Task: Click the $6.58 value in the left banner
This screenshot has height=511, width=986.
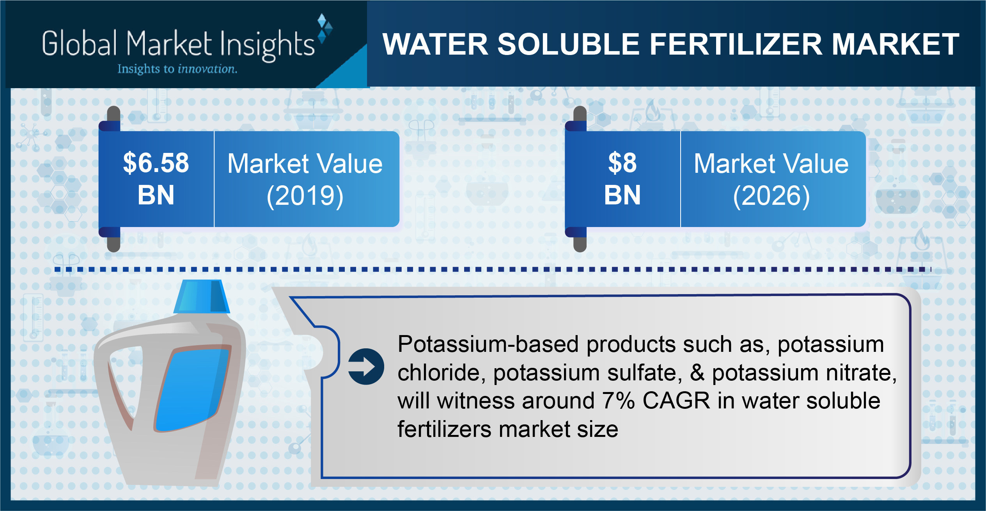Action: pos(156,163)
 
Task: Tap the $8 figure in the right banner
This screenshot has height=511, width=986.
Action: pos(622,163)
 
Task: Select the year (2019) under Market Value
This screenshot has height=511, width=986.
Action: pos(305,196)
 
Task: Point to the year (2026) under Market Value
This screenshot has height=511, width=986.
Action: pos(771,196)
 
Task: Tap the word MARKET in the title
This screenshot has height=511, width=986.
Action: pos(896,44)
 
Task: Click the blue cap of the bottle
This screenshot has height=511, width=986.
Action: pos(201,296)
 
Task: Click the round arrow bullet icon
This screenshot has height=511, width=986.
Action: pos(366,367)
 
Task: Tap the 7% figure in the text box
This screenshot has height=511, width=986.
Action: pos(618,401)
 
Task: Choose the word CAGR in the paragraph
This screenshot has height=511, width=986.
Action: pos(676,401)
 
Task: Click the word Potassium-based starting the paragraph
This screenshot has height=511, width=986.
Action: pos(488,344)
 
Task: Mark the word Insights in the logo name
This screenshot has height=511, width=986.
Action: pos(267,45)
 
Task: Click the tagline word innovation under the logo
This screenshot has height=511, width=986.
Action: pos(207,69)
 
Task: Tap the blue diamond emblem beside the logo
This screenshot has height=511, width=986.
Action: pos(325,28)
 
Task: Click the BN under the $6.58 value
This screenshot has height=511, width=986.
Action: pos(156,195)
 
